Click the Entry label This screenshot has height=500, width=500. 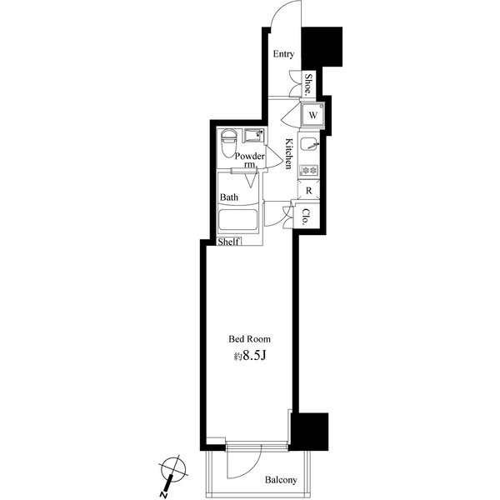(x=283, y=54)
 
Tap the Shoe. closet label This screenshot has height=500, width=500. (x=308, y=83)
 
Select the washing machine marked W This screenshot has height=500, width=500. (x=311, y=114)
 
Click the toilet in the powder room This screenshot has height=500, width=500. (x=228, y=144)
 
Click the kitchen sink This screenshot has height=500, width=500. (x=309, y=144)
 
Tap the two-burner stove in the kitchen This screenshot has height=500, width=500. (x=309, y=171)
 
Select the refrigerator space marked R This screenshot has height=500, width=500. (x=309, y=191)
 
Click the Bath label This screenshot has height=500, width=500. (x=229, y=197)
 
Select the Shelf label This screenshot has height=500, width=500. (x=228, y=242)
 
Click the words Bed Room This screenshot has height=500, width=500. (x=250, y=339)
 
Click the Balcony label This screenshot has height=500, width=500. (x=282, y=480)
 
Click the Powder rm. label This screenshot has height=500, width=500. (x=249, y=160)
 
